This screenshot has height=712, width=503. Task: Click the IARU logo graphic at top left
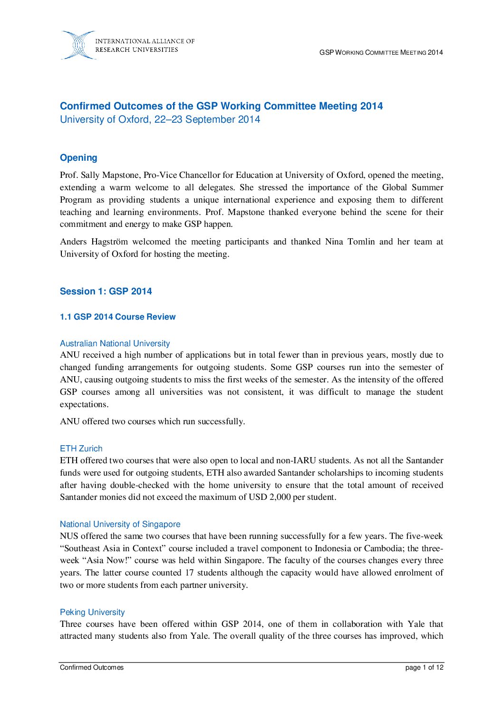[x=78, y=46]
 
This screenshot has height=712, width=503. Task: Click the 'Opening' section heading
[x=78, y=158]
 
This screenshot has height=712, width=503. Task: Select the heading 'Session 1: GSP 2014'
[x=106, y=292]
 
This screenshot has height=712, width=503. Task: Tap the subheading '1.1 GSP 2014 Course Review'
[x=117, y=317]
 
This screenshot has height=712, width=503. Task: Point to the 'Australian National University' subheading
[x=115, y=343]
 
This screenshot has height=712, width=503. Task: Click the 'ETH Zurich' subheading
[x=81, y=449]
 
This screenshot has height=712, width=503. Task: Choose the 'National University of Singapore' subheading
[x=120, y=524]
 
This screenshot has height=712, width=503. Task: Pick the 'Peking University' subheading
[x=92, y=612]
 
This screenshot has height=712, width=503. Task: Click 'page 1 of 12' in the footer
[x=424, y=668]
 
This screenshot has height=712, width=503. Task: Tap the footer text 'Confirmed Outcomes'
[x=91, y=668]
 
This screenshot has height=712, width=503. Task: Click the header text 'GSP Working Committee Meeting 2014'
[x=381, y=52]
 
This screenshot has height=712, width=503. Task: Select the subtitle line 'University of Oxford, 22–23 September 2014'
[x=160, y=119]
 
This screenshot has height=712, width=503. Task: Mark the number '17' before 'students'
[x=189, y=573]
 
